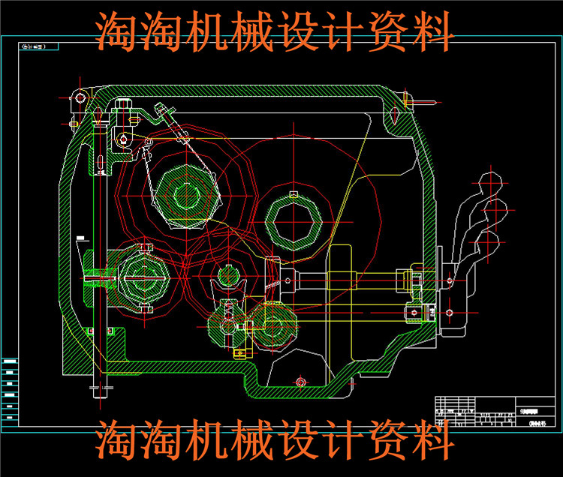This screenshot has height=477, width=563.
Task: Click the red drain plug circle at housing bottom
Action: [300, 383]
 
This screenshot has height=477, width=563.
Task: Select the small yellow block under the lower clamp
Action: [239, 352]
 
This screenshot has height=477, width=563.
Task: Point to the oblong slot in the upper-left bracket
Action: [99, 163]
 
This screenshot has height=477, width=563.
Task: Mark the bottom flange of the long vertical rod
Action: [100, 388]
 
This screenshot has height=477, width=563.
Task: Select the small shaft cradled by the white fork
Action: [227, 275]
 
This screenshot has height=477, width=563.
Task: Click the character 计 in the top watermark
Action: [347, 31]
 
